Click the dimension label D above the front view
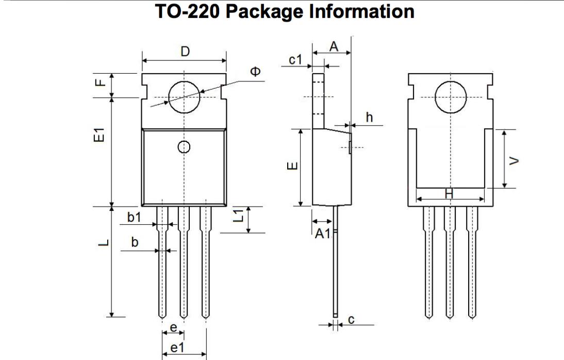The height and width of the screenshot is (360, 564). click(185, 52)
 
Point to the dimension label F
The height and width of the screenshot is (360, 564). click(102, 82)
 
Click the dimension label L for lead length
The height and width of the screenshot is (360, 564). click(103, 242)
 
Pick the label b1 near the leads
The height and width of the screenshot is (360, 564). click(134, 218)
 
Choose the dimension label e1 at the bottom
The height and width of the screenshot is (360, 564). click(177, 348)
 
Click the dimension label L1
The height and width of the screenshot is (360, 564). click(239, 216)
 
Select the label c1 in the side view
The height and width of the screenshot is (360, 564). click(295, 60)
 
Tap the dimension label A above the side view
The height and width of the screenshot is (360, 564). click(334, 46)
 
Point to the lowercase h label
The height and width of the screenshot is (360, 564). click(369, 117)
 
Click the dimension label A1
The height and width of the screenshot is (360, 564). click(323, 234)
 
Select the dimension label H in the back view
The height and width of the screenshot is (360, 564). click(449, 193)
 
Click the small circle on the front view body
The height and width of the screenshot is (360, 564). click(183, 147)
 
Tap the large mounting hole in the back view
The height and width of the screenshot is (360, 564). click(451, 97)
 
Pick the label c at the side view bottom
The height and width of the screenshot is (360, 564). click(351, 320)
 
